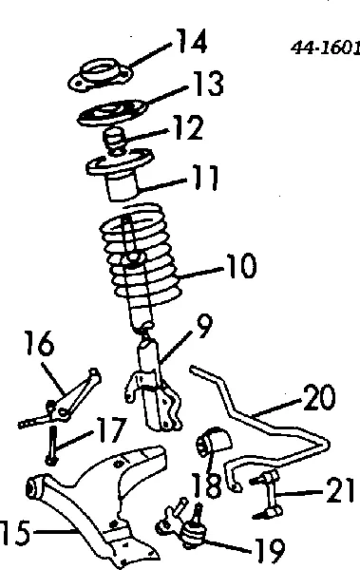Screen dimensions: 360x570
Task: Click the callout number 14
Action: (x=192, y=41)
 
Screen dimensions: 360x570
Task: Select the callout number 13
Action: (x=208, y=83)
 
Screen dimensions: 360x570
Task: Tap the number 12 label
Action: (x=188, y=127)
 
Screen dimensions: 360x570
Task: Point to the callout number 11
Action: (x=205, y=178)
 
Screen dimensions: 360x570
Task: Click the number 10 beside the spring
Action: (x=241, y=266)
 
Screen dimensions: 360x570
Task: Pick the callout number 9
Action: (x=204, y=326)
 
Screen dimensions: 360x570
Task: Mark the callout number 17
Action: (x=112, y=429)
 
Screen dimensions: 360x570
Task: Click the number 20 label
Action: (x=319, y=397)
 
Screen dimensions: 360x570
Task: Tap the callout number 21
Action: (x=340, y=490)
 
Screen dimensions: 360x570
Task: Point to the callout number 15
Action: (x=15, y=532)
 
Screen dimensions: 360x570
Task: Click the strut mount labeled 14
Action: (x=101, y=74)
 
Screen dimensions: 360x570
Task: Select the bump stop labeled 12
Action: (x=114, y=141)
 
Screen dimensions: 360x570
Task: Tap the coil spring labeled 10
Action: (x=141, y=255)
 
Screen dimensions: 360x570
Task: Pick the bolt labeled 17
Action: (x=52, y=446)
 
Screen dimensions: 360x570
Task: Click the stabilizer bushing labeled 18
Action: (x=214, y=441)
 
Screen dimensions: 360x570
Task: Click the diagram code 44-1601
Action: (x=326, y=47)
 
